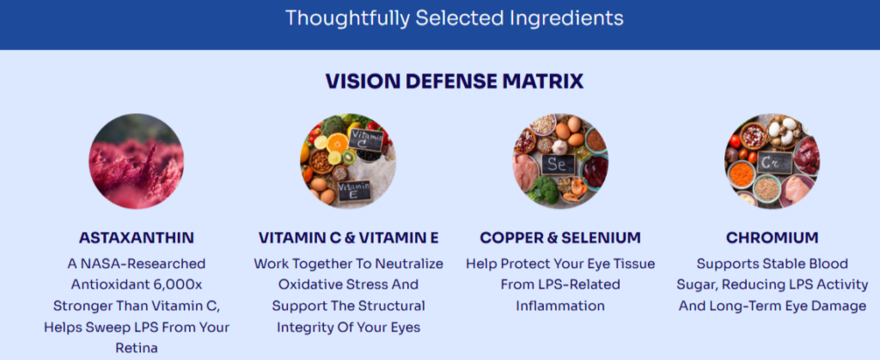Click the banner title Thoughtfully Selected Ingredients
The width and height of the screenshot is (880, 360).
(455, 17)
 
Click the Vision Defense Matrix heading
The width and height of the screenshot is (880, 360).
(455, 81)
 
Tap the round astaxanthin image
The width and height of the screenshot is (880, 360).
(137, 162)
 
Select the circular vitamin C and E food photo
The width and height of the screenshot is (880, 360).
(348, 162)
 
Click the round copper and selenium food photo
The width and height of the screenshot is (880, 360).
(560, 162)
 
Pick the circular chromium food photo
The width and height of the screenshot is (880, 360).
(772, 162)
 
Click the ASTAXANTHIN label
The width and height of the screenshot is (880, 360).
(137, 237)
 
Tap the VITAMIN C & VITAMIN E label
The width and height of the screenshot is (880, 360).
(348, 237)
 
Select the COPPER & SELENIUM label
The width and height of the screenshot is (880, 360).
(560, 237)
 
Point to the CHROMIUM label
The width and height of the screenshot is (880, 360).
(772, 237)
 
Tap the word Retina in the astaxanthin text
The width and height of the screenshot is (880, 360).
(137, 348)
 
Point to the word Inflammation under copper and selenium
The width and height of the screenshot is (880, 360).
(560, 306)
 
